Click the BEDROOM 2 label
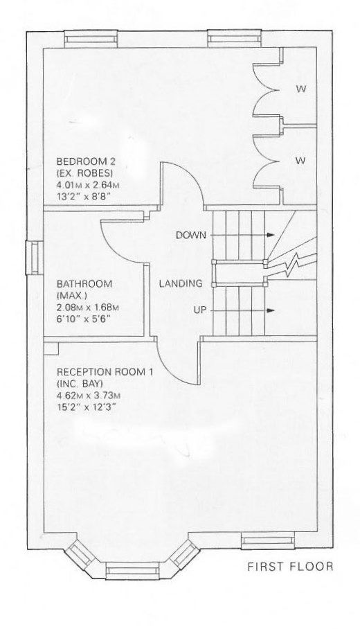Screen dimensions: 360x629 (x=86, y=161)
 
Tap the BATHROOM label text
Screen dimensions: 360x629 (x=84, y=284)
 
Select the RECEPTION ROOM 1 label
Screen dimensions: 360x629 (x=105, y=371)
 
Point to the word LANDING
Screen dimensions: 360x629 (x=181, y=283)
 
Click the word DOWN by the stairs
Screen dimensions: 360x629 (x=191, y=236)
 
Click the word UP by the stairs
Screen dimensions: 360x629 (x=200, y=310)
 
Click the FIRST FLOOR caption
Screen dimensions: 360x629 (x=290, y=567)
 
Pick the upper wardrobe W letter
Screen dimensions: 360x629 (x=300, y=89)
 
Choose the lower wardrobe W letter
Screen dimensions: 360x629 (x=300, y=161)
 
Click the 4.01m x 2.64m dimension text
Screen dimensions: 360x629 (x=88, y=186)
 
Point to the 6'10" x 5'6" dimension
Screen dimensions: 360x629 (x=83, y=319)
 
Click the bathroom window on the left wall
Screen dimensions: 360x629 (x=35, y=258)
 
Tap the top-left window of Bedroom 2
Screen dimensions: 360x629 (x=91, y=39)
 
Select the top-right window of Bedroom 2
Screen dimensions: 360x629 (x=233, y=39)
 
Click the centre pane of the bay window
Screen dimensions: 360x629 (x=132, y=570)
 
